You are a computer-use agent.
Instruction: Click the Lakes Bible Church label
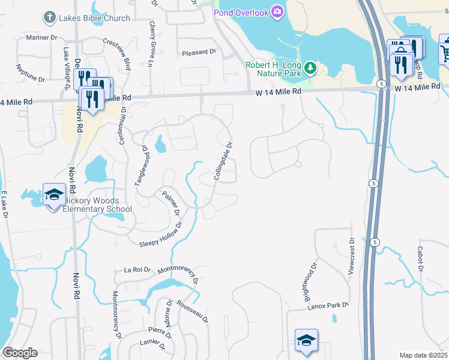(94, 18)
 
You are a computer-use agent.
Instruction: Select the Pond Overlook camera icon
(277, 11)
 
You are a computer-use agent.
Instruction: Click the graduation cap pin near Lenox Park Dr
(306, 340)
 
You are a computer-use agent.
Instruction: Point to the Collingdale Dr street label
(223, 161)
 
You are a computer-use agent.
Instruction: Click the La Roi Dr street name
(137, 270)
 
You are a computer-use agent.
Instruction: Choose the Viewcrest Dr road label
(352, 256)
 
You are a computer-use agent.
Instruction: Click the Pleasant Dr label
(199, 52)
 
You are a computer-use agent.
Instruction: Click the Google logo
(20, 352)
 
